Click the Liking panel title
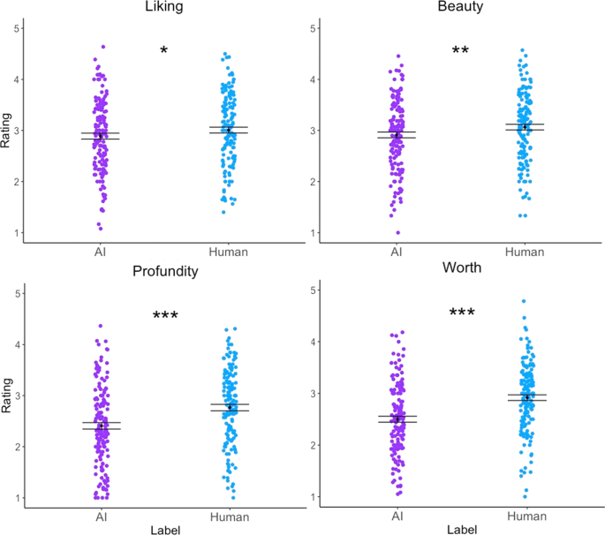[x=164, y=8]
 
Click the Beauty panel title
[x=460, y=8]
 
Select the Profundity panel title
[x=164, y=270]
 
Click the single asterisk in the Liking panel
[x=164, y=51]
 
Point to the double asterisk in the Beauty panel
[x=460, y=51]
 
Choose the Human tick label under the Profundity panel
[x=229, y=516]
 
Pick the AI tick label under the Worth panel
[x=397, y=516]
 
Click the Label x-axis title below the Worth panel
[x=460, y=529]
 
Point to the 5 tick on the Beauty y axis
[x=313, y=28]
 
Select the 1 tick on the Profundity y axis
[x=16, y=498]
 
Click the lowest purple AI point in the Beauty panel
[x=397, y=232]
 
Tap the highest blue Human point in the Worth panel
[x=524, y=302]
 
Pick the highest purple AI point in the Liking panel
[x=103, y=47]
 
